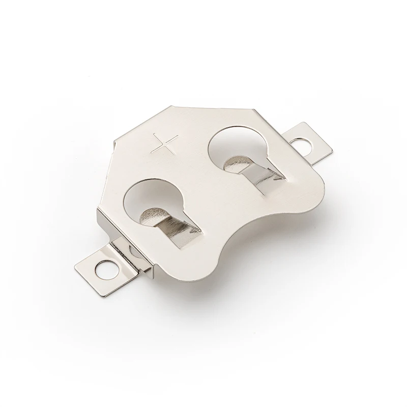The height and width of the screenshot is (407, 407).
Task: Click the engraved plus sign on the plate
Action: coord(164,144)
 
